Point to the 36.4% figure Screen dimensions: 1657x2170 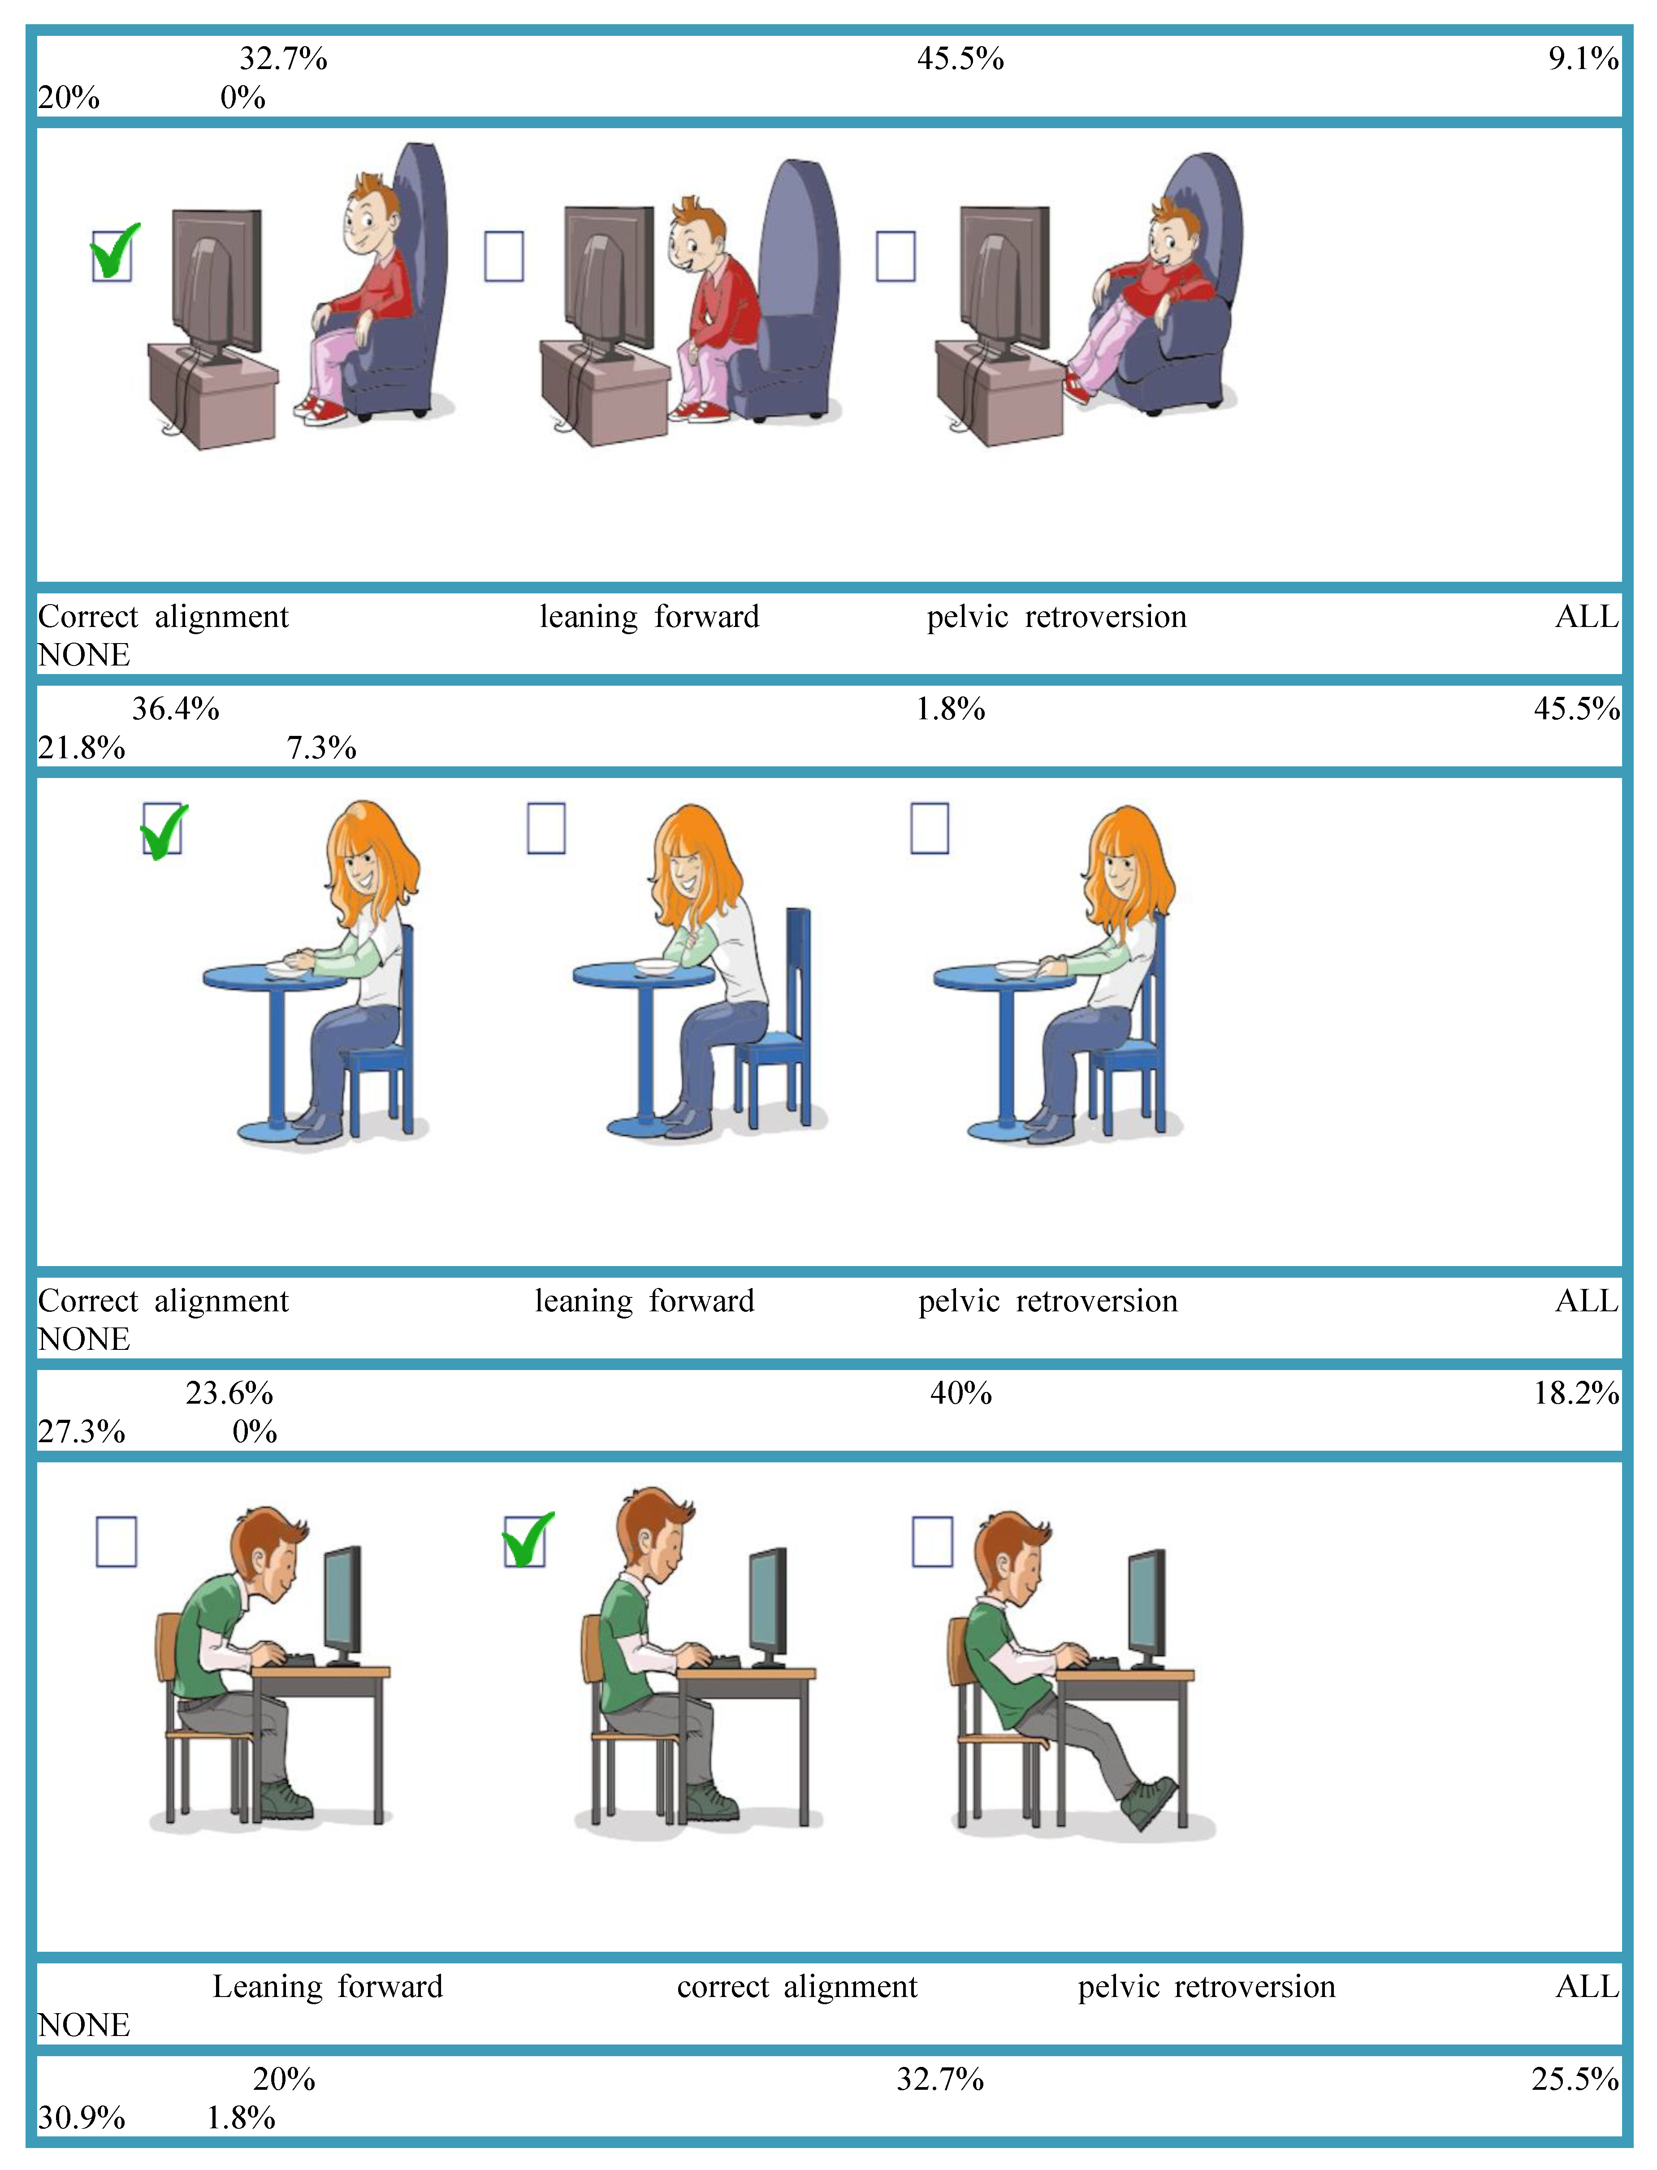point(176,708)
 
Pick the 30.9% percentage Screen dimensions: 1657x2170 point(82,2117)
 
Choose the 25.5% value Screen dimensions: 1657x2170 point(1575,2078)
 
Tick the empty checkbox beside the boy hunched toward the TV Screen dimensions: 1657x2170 point(504,256)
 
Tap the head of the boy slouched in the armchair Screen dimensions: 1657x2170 point(1174,237)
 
